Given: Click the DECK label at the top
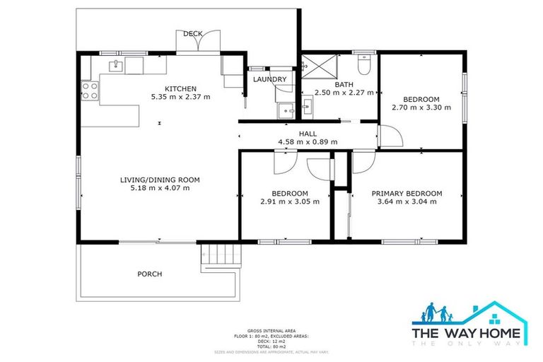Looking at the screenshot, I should coord(193,34).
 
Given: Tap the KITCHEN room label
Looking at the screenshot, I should coord(180,88).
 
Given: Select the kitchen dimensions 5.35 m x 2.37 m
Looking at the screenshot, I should coord(180,97).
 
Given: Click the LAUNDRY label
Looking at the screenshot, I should coord(270,80).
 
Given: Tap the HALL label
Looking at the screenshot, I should coord(308,134).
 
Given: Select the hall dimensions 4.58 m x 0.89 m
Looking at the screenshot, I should coord(308,142).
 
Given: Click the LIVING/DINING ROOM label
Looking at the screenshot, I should coord(160,180).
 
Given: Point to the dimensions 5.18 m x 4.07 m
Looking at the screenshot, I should coord(160,189).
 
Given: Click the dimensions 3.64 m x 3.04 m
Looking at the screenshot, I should coord(407,202).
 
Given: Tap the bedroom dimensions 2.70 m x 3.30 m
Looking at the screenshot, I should coord(421,108).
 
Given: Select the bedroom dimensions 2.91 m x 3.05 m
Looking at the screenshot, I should coord(290,202).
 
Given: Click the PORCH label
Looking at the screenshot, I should coord(150,274).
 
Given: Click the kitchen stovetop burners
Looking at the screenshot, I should coord(90,90).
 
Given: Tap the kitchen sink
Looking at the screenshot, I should coord(115,66).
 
